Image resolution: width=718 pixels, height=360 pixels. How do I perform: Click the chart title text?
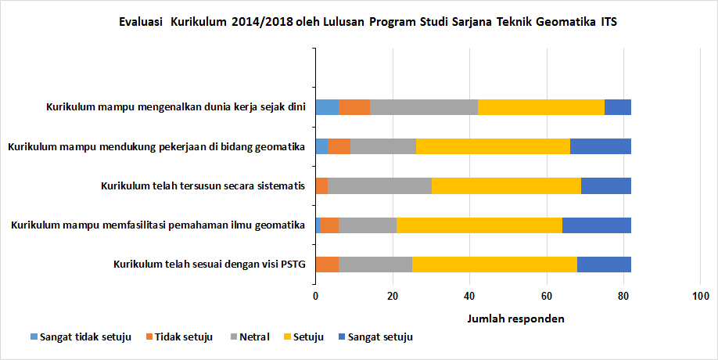coord(368,22)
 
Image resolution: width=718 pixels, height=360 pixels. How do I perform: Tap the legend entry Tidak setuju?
coord(183,337)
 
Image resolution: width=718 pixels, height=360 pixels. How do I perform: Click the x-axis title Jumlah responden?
coord(515,319)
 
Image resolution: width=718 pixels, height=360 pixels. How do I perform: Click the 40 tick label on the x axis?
coord(469,296)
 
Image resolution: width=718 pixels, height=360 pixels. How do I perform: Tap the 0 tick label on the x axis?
coord(315,296)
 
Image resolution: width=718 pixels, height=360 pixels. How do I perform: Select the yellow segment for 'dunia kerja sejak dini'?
coord(541,108)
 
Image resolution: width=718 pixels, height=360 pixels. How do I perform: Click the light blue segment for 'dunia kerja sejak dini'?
coord(327,108)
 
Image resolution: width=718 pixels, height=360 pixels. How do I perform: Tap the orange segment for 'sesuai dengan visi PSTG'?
coord(327,264)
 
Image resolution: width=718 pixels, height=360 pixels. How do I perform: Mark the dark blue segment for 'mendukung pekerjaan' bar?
coord(601,146)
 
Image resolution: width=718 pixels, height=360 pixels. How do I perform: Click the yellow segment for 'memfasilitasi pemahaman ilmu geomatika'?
coord(479,225)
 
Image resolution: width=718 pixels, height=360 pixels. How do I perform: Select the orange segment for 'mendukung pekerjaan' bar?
coord(339,146)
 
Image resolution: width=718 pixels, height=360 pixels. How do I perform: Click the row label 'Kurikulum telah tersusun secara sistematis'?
coord(203,185)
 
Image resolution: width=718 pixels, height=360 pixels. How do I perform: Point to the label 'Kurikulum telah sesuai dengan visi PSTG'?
coord(209,264)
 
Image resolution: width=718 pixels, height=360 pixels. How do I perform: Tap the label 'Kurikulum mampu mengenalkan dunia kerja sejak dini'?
coord(175,108)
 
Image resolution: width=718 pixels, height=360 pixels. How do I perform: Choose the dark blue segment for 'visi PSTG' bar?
coord(604,264)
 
